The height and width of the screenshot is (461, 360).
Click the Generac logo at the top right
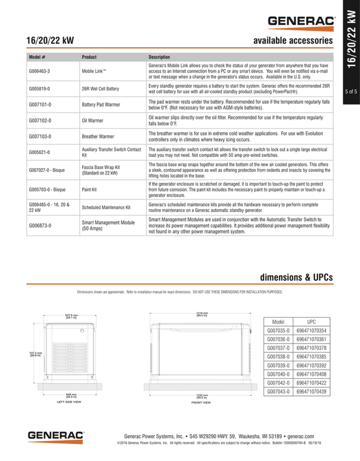pyautogui.click(x=301, y=21)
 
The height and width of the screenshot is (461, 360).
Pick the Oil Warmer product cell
pyautogui.click(x=93, y=121)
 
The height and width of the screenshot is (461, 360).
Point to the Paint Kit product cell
pyautogui.click(x=91, y=191)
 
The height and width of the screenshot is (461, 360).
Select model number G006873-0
pyautogui.click(x=39, y=226)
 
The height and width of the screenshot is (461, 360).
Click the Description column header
pyautogui.click(x=159, y=57)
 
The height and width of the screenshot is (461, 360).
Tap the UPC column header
pyautogui.click(x=312, y=322)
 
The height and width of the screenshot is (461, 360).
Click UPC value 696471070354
pyautogui.click(x=311, y=331)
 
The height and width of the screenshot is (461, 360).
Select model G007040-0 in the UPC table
pyautogui.click(x=279, y=374)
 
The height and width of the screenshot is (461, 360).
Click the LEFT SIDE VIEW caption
pyautogui.click(x=69, y=402)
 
